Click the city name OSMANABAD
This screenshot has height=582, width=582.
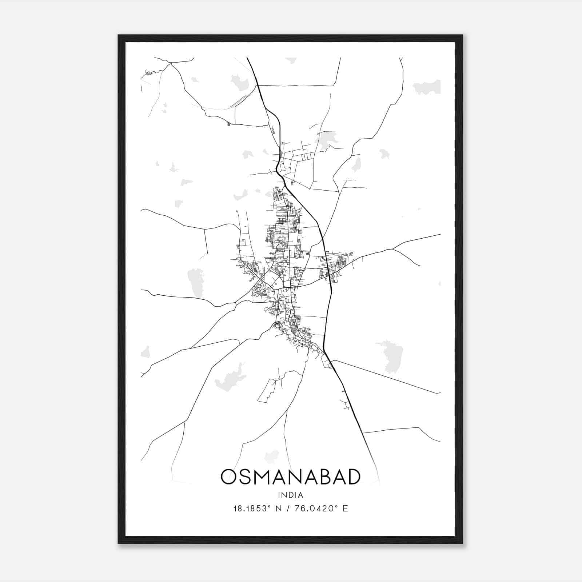tap(290, 477)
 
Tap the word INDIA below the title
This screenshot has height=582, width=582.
tap(290, 495)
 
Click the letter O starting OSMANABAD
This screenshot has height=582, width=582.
tap(230, 477)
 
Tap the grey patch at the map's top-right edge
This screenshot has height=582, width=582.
tap(427, 87)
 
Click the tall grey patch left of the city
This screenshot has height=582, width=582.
tap(195, 282)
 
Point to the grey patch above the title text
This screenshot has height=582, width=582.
tap(271, 456)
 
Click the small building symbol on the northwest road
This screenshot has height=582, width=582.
tap(228, 124)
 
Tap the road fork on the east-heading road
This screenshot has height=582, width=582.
tap(393, 249)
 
